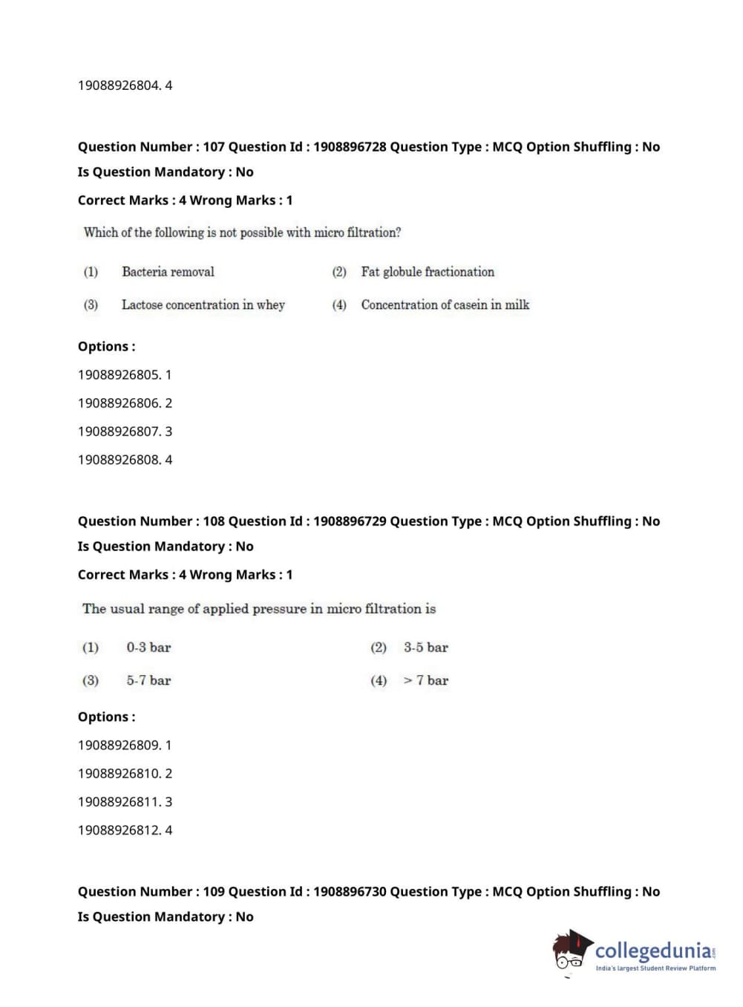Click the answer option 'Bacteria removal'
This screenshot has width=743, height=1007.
pos(168,272)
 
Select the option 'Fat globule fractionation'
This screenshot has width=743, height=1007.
pos(428,272)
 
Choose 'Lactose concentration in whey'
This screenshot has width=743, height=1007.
pos(203,304)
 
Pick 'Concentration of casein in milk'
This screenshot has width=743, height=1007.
pos(445,304)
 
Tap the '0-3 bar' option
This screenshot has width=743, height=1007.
pos(148,648)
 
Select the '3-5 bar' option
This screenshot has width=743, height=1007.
pos(426,648)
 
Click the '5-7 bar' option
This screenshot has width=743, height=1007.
pos(148,680)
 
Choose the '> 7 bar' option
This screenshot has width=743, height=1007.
pos(426,680)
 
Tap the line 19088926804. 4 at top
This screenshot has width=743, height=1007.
pos(125,85)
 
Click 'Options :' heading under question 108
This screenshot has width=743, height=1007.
pos(107,717)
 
